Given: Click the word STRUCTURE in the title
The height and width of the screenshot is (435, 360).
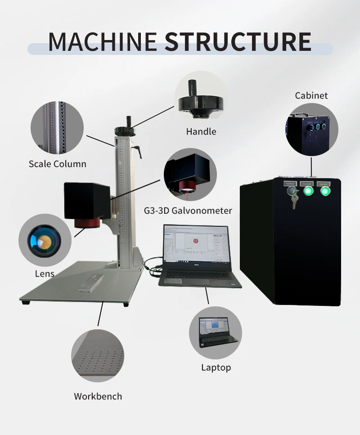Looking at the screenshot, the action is click(x=238, y=41).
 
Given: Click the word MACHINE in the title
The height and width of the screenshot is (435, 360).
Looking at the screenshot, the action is click(x=103, y=41).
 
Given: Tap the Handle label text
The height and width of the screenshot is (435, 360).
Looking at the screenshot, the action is click(x=201, y=132).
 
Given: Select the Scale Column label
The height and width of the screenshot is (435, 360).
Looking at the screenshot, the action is click(x=58, y=164).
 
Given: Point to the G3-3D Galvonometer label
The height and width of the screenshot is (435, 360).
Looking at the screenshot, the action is click(x=188, y=210).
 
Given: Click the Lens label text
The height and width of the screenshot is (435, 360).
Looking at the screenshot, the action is click(x=45, y=274).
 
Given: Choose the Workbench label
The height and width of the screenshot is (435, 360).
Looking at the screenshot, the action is click(x=98, y=396).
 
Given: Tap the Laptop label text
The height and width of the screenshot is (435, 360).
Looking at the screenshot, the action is click(x=216, y=368).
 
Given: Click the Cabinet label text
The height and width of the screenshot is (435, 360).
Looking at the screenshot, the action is click(x=311, y=95).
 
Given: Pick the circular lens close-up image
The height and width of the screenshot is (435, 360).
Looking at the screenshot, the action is click(x=45, y=240).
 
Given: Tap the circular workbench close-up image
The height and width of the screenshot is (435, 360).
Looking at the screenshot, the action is click(x=98, y=355).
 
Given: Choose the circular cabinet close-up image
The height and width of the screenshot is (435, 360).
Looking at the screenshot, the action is click(x=311, y=130).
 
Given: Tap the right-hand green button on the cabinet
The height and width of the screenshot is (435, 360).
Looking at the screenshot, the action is click(x=324, y=191).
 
